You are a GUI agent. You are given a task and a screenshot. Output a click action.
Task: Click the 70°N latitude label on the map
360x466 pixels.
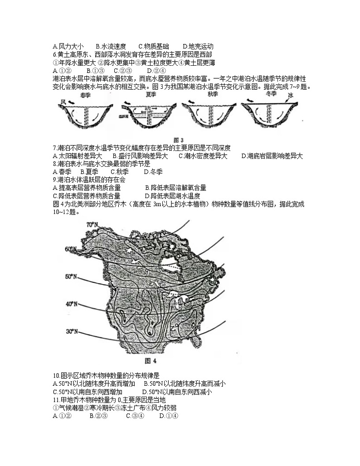pos(92,224)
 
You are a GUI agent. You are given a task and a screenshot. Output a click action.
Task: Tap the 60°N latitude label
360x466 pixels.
pos(71,249)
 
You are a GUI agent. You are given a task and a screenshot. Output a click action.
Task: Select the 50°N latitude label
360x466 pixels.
pos(72,276)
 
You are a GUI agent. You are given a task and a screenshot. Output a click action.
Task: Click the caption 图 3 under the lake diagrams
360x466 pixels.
pos(178,140)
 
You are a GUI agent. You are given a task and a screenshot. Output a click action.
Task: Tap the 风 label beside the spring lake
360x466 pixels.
pos(63,102)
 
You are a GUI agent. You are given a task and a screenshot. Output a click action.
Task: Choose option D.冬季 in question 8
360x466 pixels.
pos(153,172)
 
